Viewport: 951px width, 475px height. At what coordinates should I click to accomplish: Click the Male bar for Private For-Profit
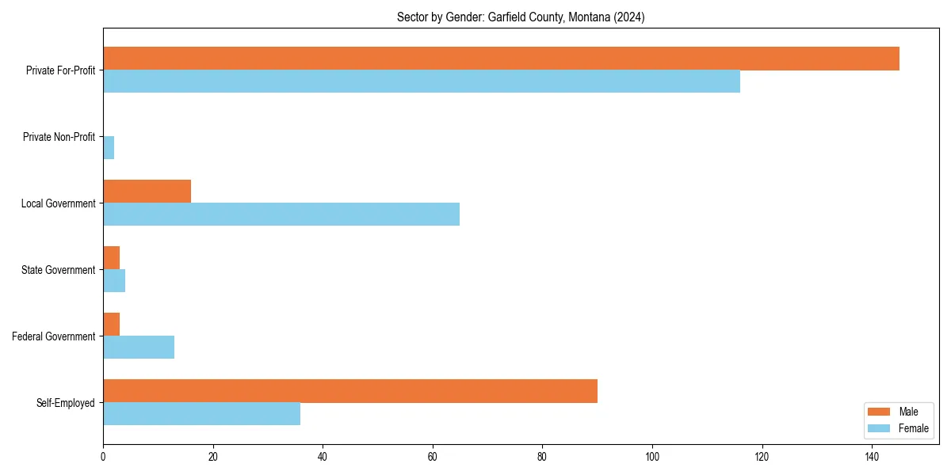pyautogui.click(x=501, y=59)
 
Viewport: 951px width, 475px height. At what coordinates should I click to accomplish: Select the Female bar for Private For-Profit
pyautogui.click(x=422, y=82)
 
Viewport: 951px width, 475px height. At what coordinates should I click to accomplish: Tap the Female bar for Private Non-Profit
pyautogui.click(x=109, y=148)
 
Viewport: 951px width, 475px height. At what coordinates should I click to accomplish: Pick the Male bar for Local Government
pyautogui.click(x=147, y=192)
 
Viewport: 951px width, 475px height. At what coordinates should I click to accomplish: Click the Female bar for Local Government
pyautogui.click(x=281, y=215)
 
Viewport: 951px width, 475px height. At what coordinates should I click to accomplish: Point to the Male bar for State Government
pyautogui.click(x=111, y=258)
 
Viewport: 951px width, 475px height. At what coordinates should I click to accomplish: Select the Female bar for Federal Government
pyautogui.click(x=139, y=348)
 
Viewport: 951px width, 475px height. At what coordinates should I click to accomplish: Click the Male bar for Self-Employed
pyautogui.click(x=350, y=391)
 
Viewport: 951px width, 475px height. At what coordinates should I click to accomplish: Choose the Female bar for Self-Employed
pyautogui.click(x=201, y=414)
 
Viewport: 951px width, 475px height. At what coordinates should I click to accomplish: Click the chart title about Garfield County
pyautogui.click(x=521, y=17)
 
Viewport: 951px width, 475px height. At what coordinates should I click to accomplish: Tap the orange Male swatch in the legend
pyautogui.click(x=879, y=412)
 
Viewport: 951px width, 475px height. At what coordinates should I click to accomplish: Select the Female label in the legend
pyautogui.click(x=913, y=428)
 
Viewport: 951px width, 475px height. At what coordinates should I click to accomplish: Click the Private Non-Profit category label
pyautogui.click(x=59, y=137)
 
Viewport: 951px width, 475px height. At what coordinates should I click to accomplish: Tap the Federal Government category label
pyautogui.click(x=54, y=336)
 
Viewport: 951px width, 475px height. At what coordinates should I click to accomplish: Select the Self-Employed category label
pyautogui.click(x=66, y=403)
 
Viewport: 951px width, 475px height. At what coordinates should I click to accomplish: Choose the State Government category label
pyautogui.click(x=59, y=270)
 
